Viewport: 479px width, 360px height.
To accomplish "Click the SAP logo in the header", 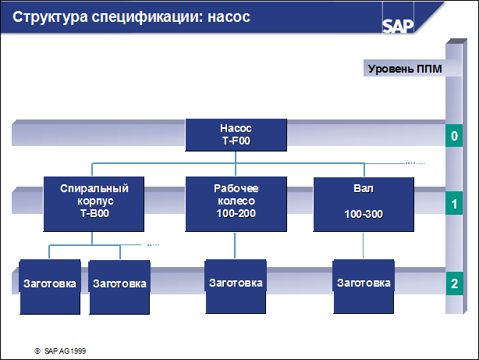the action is (398, 27).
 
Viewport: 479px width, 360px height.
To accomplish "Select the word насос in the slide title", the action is (229, 17).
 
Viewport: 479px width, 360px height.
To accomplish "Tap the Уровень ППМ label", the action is (405, 69).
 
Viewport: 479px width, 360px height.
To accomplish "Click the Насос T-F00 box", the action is (236, 135).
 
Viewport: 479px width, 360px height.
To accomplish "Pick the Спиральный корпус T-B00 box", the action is (94, 204).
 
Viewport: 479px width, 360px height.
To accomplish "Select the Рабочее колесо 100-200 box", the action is (236, 204).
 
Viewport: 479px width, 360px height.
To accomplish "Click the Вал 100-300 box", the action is (364, 205).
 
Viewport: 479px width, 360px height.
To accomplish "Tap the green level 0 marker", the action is (454, 136).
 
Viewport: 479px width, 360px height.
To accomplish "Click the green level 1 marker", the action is (454, 203).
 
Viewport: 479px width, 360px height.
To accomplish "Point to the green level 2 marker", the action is (454, 283).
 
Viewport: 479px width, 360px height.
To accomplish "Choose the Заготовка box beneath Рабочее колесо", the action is (236, 287).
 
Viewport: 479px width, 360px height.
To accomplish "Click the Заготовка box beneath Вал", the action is (364, 287).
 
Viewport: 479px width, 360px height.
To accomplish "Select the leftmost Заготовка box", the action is (50, 287).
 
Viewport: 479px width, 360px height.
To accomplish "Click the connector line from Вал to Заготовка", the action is (364, 246).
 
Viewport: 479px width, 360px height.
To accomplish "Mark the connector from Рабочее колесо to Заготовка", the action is (235, 246).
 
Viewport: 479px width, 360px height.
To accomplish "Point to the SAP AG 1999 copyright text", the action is (60, 351).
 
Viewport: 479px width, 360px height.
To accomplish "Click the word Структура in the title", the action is (50, 17).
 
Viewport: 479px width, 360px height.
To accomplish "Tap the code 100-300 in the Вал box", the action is (364, 215).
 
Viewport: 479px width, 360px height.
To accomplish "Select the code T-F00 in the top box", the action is (236, 141).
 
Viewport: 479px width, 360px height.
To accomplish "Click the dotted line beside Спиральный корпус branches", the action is (153, 244).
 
